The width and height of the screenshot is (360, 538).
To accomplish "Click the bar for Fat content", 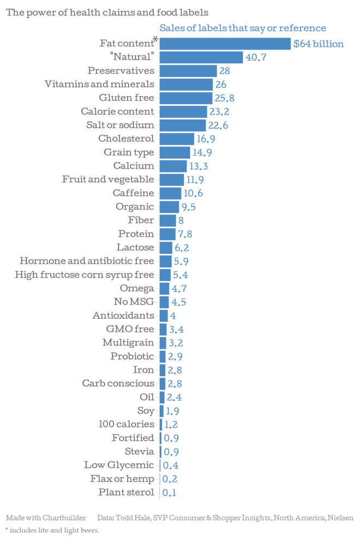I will [x=225, y=44].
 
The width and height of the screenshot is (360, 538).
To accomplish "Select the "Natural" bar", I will [x=201, y=57].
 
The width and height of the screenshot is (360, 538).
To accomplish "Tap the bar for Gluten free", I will [x=185, y=98].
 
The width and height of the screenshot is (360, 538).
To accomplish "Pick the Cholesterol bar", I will [x=177, y=139].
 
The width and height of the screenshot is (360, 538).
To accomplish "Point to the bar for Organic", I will [x=169, y=207].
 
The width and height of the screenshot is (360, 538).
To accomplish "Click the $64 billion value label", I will [x=319, y=44].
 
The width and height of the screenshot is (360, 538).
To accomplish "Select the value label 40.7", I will [x=256, y=57].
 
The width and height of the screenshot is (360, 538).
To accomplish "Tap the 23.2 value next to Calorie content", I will [x=219, y=112].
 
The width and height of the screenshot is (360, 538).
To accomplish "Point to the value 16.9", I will [x=206, y=139].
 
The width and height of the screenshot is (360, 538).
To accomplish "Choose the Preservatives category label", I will [x=121, y=70].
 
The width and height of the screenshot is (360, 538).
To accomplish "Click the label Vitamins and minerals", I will [x=99, y=84].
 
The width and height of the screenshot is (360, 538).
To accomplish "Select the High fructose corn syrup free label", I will [x=85, y=274].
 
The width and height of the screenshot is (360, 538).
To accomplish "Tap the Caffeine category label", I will [x=133, y=193].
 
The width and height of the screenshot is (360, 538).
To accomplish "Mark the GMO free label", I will [x=130, y=328].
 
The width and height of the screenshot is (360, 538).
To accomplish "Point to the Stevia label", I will [x=139, y=451].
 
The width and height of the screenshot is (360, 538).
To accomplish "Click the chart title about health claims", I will [x=107, y=12].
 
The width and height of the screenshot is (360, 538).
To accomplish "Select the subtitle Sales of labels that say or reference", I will [x=243, y=28].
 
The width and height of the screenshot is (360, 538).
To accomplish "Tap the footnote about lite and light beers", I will [x=52, y=530].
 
